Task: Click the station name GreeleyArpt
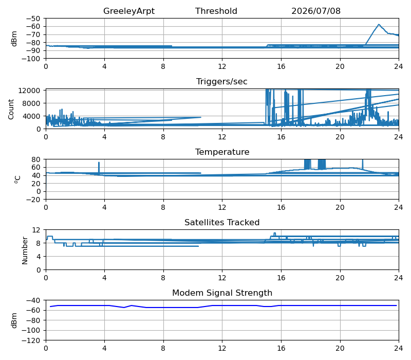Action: coord(129,11)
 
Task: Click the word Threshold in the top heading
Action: coord(216,11)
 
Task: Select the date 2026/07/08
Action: coord(316,11)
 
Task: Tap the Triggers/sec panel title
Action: coord(222,82)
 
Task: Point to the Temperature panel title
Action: coord(222,152)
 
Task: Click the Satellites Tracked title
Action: coord(222,223)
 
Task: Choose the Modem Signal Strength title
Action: coord(222,293)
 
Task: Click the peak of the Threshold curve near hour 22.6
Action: coord(379,24)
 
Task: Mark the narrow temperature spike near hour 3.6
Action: coord(99,168)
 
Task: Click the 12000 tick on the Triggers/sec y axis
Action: coord(29,91)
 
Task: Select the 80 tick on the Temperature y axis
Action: coord(36,159)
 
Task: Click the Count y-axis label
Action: coord(11,109)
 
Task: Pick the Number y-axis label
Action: coord(25,250)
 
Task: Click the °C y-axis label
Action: coord(17,179)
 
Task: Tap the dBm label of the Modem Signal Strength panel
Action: coord(14,320)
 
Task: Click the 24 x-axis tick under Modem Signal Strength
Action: coord(399,349)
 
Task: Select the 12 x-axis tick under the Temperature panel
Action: coord(222,208)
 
